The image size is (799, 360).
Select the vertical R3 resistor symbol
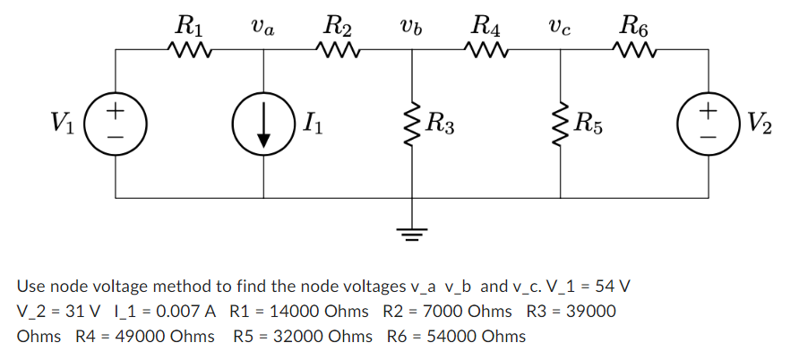[412, 123]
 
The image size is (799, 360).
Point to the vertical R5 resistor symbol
[561, 123]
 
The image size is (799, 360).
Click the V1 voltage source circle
[115, 123]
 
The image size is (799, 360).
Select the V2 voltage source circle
[709, 123]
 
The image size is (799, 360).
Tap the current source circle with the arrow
[263, 123]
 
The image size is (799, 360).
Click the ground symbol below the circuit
[412, 235]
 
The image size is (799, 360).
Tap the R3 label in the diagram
[442, 123]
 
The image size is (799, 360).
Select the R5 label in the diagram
[591, 123]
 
